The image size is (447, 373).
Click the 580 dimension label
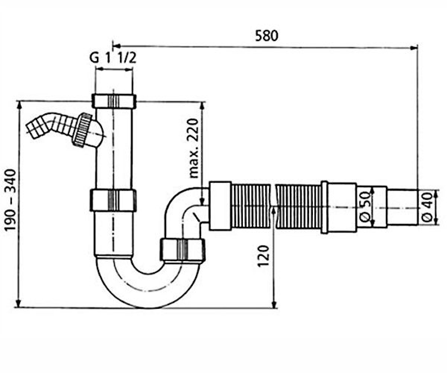[267, 35]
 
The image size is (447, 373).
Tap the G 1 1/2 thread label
[113, 58]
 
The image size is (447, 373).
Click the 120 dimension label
[263, 256]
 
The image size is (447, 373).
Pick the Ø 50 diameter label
[365, 207]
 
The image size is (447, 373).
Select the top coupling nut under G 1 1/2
[114, 101]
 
